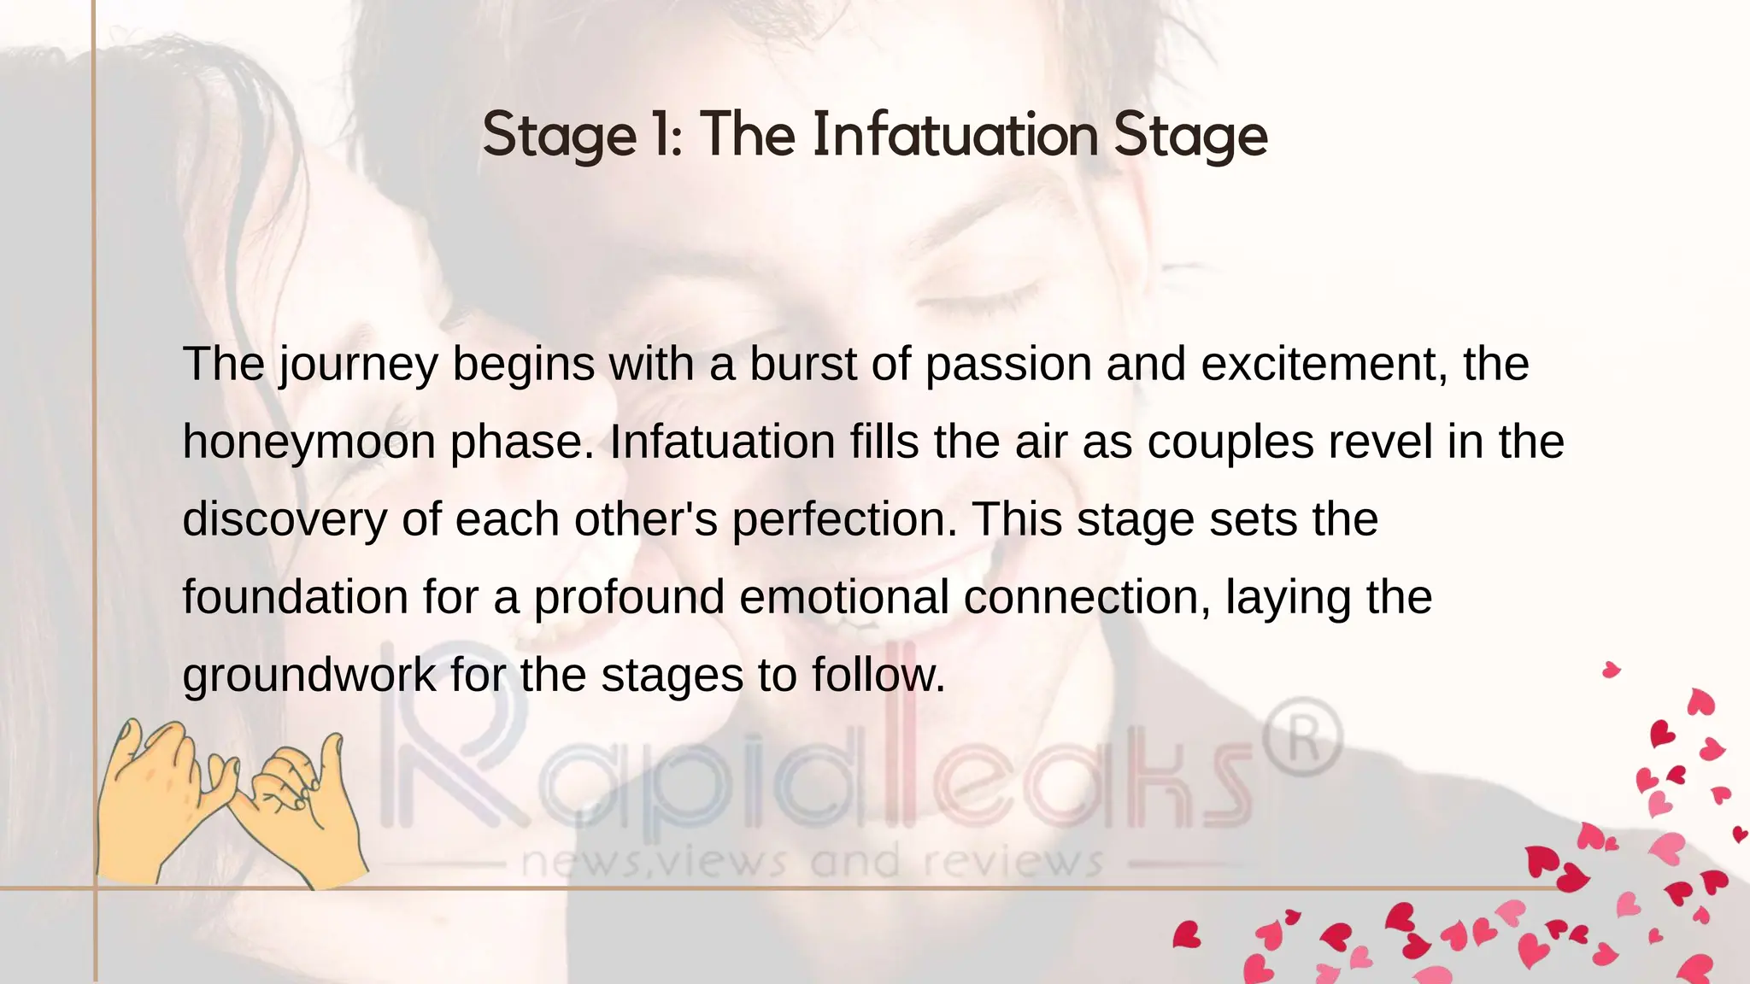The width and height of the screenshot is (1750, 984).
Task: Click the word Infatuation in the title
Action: pyautogui.click(x=955, y=135)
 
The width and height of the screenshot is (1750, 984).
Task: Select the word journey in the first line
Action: pyautogui.click(x=358, y=366)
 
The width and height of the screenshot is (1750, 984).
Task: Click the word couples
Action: pyautogui.click(x=1230, y=443)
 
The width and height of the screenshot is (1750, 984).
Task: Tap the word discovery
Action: pyautogui.click(x=285, y=520)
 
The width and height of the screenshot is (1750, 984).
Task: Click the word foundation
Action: pyautogui.click(x=295, y=597)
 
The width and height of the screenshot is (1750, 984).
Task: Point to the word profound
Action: pyautogui.click(x=629, y=597)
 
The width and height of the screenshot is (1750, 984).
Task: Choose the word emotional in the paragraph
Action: pyautogui.click(x=843, y=597)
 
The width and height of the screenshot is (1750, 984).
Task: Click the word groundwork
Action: pyautogui.click(x=308, y=676)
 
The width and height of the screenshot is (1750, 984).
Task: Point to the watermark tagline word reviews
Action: pyautogui.click(x=1013, y=863)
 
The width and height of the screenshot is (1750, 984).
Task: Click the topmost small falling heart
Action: pyautogui.click(x=1611, y=670)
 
